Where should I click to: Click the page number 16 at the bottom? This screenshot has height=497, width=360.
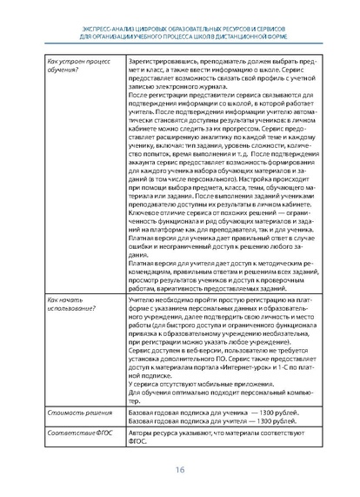180,469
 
